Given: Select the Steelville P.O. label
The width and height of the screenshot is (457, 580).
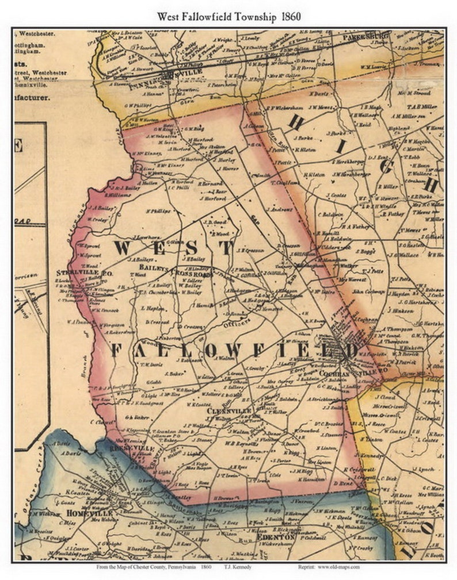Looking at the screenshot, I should click(x=84, y=273).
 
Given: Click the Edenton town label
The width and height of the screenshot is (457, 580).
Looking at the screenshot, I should click(x=276, y=536).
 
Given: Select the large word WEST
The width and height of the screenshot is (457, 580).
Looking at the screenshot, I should click(x=173, y=248).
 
